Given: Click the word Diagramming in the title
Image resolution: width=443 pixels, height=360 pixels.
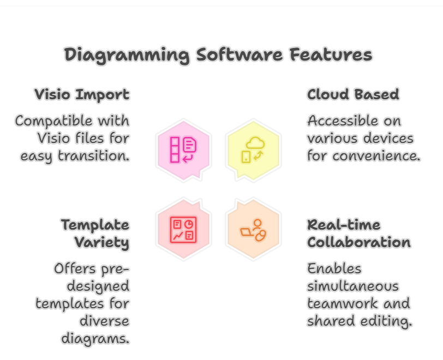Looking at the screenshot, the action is (127, 55).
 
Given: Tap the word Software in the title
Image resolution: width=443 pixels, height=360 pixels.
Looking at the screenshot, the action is (240, 54).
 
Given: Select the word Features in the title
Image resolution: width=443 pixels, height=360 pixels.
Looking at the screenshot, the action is (331, 54).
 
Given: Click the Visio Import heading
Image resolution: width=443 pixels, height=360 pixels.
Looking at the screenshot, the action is (82, 95).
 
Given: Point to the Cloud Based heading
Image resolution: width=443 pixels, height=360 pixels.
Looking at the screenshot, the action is (353, 94).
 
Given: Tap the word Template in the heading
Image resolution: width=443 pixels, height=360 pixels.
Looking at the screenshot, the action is (95, 225).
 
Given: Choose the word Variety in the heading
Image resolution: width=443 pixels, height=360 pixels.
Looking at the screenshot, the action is (102, 243).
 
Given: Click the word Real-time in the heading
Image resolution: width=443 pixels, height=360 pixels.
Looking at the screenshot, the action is (344, 225).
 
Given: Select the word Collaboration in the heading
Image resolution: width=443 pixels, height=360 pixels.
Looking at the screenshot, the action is (359, 242).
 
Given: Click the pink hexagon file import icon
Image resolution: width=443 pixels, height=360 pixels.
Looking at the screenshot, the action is (184, 150).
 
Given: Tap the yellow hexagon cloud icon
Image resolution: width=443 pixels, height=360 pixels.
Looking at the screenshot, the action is (253, 150).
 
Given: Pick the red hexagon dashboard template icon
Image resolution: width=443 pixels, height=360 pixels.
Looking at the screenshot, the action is (184, 229).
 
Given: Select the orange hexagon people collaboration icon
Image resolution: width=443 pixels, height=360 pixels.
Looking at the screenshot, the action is (253, 229).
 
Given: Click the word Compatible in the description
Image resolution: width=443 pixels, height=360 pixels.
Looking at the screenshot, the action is (54, 121).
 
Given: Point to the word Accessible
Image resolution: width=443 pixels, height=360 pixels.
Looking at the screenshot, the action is (343, 121).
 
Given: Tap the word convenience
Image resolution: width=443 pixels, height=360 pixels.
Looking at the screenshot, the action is (376, 155).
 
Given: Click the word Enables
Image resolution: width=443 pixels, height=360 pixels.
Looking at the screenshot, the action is (334, 268).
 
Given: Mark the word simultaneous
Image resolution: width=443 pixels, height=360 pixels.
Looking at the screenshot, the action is (353, 286).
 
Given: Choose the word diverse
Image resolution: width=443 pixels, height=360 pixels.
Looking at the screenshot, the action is (104, 321).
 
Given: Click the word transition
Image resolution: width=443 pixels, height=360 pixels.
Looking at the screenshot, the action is (94, 155).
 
